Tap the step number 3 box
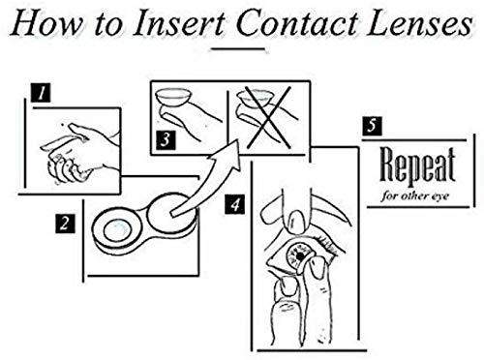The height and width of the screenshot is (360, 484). (166, 138)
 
